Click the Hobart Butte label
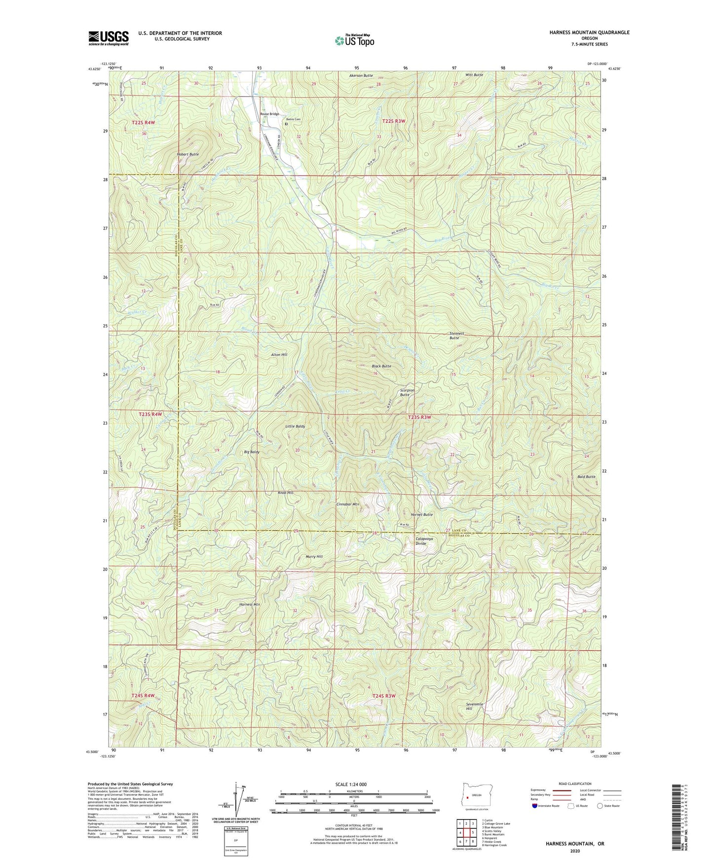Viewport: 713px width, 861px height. pos(188,154)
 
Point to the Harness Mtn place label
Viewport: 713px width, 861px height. pos(250,604)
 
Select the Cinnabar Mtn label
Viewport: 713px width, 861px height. pos(348,505)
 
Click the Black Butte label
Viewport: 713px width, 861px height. pos(381,366)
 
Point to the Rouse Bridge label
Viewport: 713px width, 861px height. pos(270,114)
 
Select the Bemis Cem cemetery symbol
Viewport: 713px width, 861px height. pos(286,124)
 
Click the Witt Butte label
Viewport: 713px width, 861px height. pos(474,74)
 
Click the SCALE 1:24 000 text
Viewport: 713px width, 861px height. pos(350,785)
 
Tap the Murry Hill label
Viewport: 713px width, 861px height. pos(313,556)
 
